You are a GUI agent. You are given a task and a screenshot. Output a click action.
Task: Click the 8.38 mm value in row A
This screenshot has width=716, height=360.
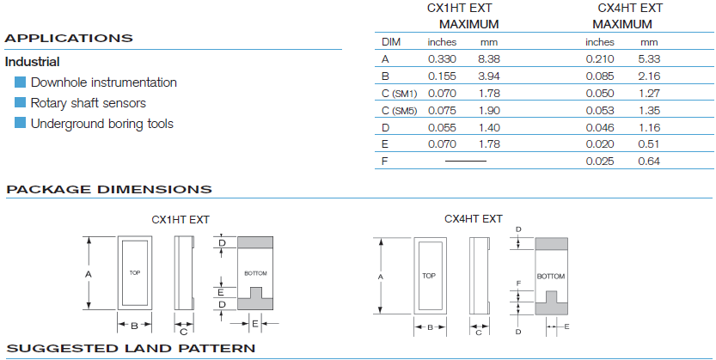click(x=489, y=59)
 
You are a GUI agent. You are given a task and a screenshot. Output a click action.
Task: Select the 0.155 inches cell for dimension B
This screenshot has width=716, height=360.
click(x=442, y=76)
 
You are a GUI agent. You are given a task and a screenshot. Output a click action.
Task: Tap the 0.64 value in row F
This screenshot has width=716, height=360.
click(x=649, y=161)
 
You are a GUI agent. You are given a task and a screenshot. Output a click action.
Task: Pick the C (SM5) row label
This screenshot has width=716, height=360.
click(x=399, y=111)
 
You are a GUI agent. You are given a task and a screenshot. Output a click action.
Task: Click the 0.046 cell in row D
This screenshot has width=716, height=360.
click(x=600, y=128)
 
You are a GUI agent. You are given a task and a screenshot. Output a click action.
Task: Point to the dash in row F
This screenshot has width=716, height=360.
click(x=466, y=161)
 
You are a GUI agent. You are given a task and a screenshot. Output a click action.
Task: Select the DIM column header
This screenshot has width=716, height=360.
click(x=391, y=42)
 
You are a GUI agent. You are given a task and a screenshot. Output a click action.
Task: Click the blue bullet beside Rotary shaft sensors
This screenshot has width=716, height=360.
click(x=20, y=102)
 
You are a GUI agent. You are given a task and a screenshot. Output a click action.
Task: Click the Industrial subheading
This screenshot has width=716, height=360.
click(x=32, y=62)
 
